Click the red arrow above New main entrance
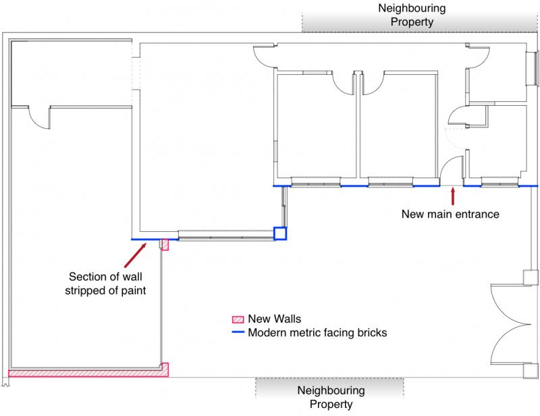453,196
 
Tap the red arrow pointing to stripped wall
136,255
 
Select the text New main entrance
450,214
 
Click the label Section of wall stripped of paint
105,284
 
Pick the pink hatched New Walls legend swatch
238,320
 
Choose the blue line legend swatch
238,332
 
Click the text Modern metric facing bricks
317,332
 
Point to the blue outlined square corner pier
280,233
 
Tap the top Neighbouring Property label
412,15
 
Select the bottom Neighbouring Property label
331,397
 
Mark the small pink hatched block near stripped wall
165,245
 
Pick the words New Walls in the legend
275,319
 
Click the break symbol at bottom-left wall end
5,382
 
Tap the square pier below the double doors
531,371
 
